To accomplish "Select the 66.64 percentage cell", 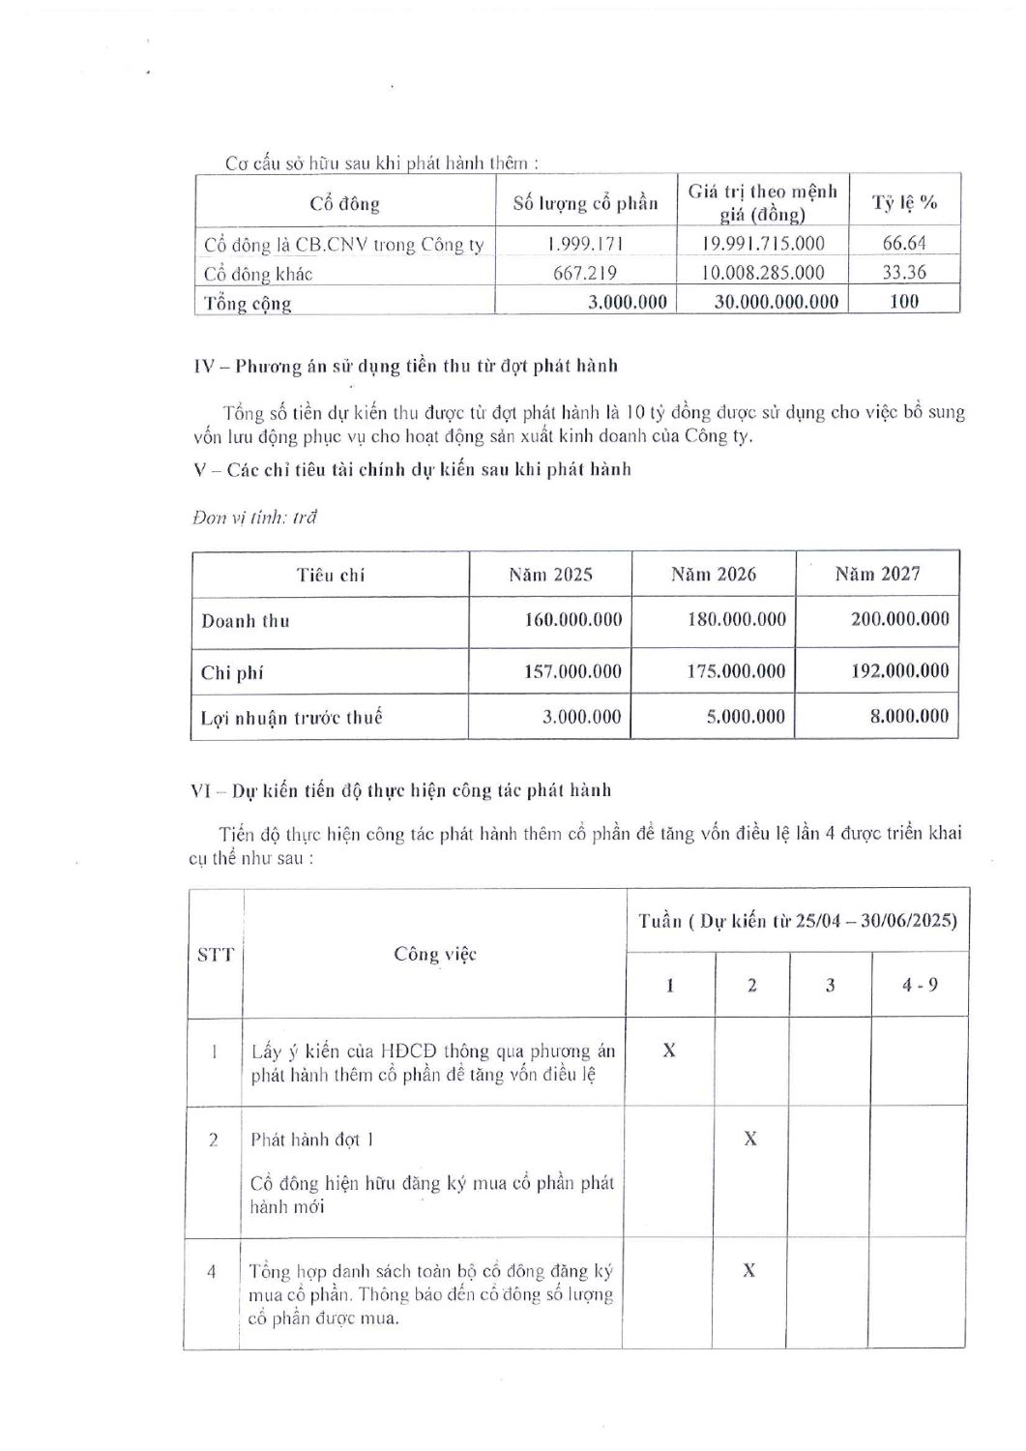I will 904,244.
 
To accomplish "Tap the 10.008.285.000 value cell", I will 762,273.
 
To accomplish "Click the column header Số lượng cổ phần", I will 585,203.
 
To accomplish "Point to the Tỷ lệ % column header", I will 904,203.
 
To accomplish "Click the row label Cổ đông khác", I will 258,274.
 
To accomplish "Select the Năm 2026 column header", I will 714,575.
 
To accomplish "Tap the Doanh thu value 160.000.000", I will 572,619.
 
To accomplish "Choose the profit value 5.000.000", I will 737,717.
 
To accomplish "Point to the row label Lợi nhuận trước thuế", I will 292,718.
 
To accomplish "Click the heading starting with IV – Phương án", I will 406,367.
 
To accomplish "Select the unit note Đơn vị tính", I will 255,517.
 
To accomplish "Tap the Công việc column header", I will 435,955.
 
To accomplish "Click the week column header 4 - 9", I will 919,986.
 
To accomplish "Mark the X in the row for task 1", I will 669,1050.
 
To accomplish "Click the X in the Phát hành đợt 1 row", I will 750,1139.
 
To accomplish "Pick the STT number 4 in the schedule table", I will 212,1271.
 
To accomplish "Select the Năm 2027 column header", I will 877,575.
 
